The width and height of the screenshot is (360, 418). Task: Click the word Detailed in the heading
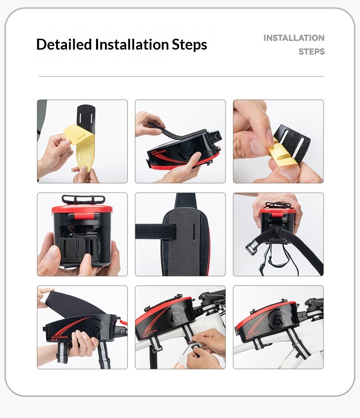(64, 44)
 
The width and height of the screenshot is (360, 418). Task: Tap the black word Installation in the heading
(132, 44)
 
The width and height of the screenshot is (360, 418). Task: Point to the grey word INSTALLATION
(294, 38)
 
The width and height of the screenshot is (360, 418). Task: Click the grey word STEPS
(311, 51)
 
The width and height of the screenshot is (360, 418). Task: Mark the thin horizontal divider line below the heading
(181, 76)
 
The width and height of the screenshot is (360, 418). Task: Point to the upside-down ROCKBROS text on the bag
(159, 153)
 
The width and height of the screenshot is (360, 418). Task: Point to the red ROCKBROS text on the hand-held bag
(60, 337)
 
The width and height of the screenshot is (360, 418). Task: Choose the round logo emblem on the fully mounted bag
(277, 319)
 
